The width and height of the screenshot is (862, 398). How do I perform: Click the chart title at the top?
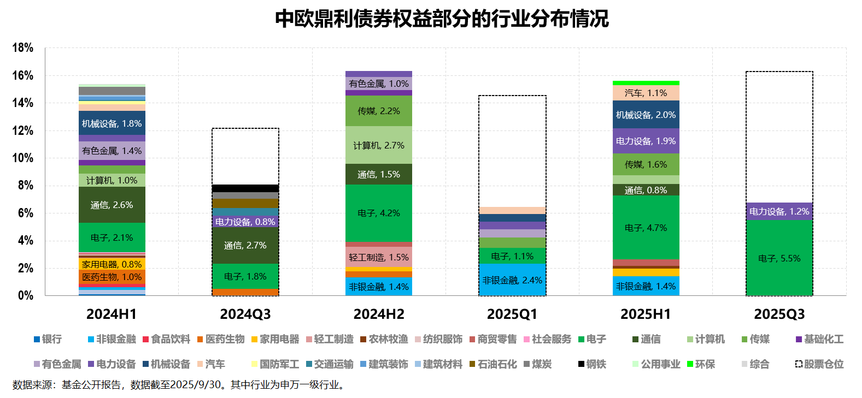(442, 19)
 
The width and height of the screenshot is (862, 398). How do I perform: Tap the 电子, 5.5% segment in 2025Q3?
(779, 258)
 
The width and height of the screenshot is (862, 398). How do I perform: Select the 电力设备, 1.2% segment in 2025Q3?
(779, 211)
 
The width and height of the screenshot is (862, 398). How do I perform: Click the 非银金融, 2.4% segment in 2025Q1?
(512, 280)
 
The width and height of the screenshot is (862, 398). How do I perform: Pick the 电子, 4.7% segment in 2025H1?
(646, 228)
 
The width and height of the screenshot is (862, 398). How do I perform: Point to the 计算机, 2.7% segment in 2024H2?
(379, 145)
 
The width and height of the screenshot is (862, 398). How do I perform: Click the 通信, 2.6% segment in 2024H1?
(112, 205)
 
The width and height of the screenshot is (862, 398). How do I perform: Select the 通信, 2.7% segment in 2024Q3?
(245, 245)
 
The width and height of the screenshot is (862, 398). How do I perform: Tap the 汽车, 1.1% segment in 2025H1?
(646, 93)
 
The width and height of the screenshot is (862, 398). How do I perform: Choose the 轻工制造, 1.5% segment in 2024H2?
(379, 257)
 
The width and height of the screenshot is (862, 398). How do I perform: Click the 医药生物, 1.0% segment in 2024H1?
(112, 277)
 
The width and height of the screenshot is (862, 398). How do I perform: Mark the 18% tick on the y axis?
(23, 47)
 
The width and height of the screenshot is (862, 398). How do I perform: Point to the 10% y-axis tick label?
(23, 158)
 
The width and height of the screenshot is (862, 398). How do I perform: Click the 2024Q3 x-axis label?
(245, 314)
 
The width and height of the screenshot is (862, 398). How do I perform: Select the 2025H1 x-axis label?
(646, 314)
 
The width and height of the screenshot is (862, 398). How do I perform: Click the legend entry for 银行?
(48, 339)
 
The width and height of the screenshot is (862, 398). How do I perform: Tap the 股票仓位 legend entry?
(819, 364)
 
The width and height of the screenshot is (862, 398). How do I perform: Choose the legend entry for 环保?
(701, 364)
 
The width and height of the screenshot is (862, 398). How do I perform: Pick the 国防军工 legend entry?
(275, 364)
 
